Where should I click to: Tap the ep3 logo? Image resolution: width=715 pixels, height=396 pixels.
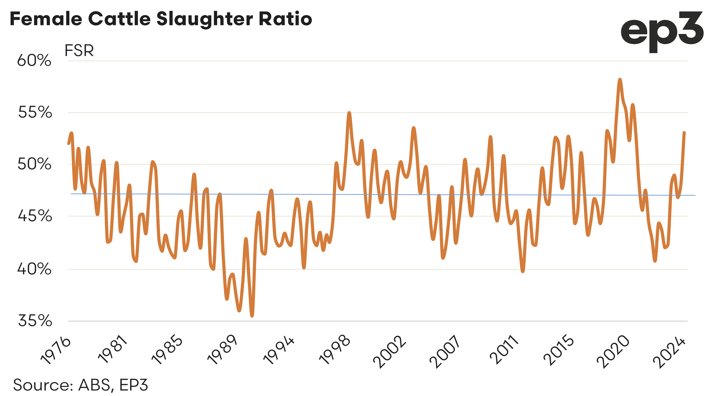coord(662,32)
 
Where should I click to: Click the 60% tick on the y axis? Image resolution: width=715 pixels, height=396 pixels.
coord(34,60)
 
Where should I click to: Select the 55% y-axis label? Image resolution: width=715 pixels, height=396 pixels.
coord(35,112)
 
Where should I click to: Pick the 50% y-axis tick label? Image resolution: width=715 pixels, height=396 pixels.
coord(34,164)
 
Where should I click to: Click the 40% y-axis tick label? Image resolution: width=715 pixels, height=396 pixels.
coord(34,269)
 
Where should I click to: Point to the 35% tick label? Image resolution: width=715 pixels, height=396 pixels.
coord(35,321)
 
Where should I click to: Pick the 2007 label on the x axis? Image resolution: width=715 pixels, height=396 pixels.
coord(445,352)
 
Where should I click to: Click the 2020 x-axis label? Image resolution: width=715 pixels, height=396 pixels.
coord(613,352)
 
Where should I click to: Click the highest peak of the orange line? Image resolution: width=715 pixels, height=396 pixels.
coord(620,80)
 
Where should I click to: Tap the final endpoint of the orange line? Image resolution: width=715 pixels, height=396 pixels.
coord(684,133)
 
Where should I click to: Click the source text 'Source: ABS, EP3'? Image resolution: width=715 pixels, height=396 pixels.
coord(80,385)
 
